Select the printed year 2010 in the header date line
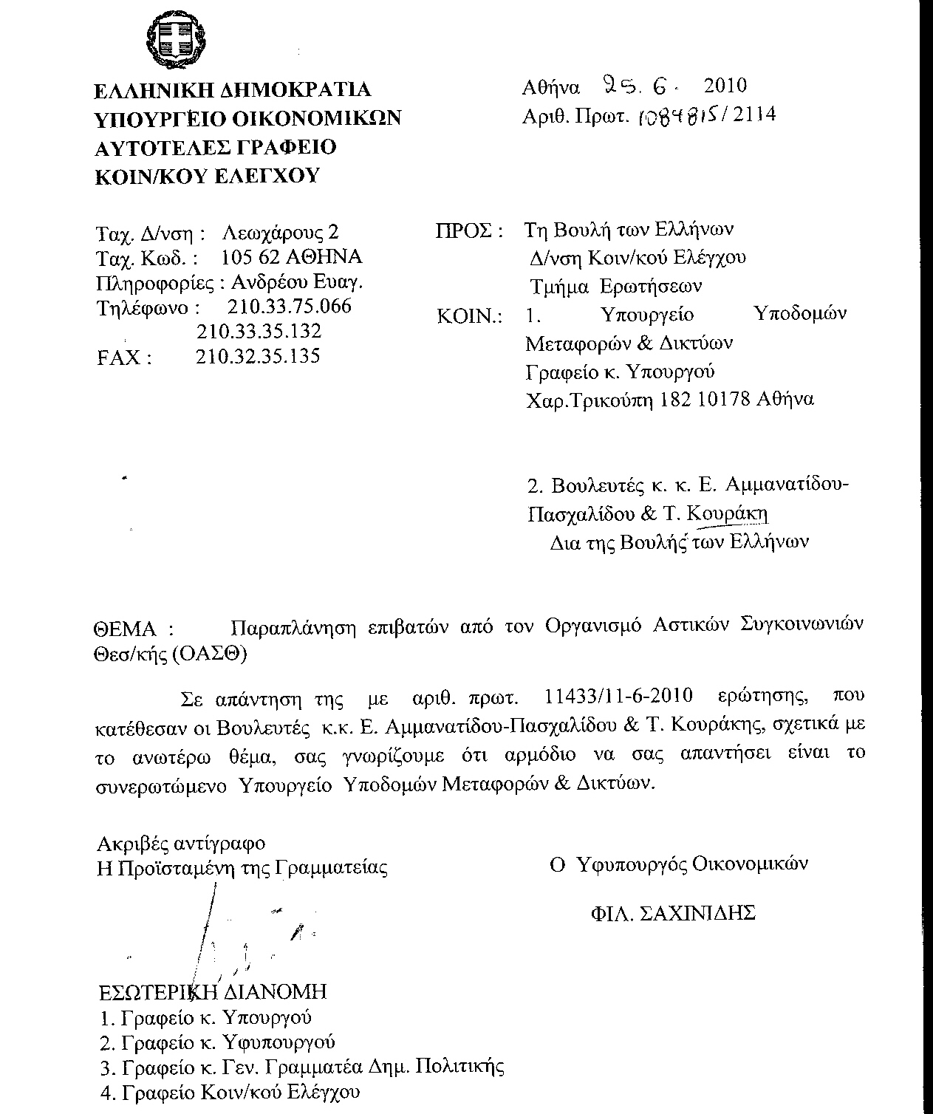(725, 86)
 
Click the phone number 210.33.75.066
(290, 306)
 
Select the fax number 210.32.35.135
(258, 357)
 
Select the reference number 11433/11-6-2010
(618, 696)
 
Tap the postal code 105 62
(251, 257)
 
